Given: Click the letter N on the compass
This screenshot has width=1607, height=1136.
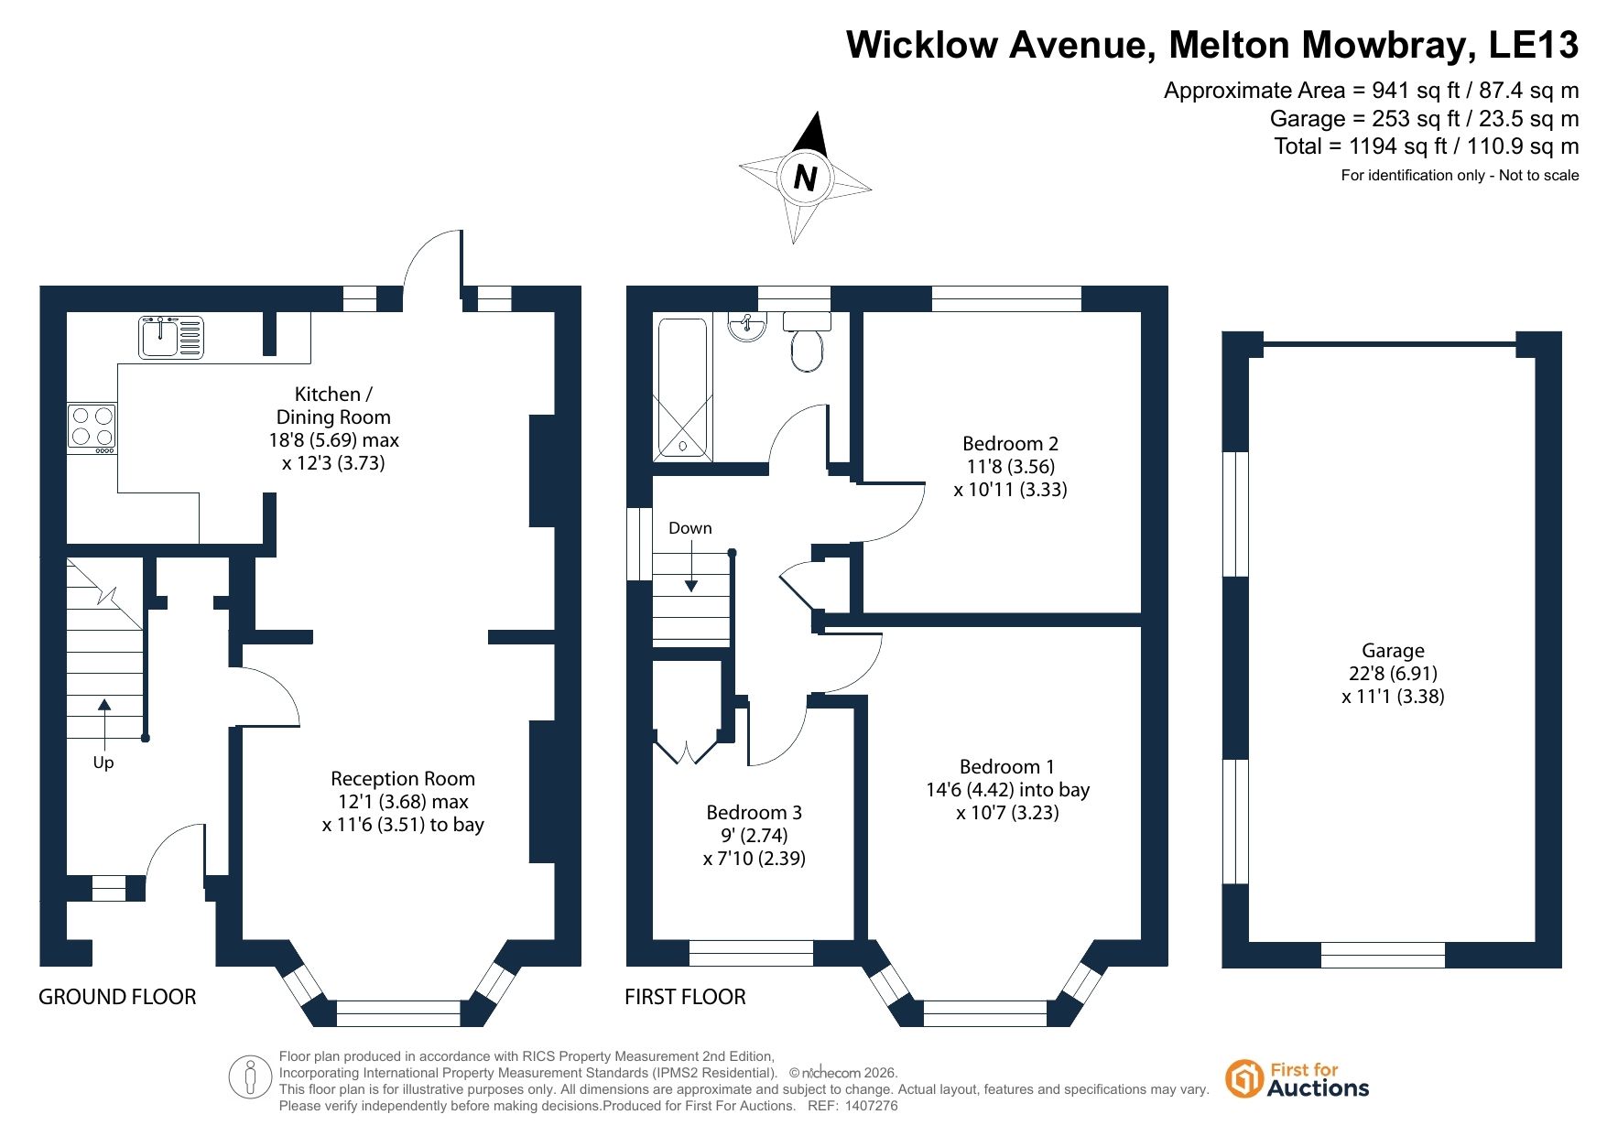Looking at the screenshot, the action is pyautogui.click(x=805, y=177).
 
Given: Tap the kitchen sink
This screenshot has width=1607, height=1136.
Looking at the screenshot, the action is pyautogui.click(x=171, y=337).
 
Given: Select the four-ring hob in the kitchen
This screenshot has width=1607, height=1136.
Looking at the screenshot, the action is pyautogui.click(x=92, y=428).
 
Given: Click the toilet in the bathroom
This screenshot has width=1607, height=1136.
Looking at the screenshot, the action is pyautogui.click(x=807, y=341).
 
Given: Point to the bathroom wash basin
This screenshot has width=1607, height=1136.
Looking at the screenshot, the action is pyautogui.click(x=748, y=326).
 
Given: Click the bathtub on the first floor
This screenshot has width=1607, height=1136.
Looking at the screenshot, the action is pyautogui.click(x=682, y=388).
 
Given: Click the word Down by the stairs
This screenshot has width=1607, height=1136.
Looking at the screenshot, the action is pyautogui.click(x=689, y=528).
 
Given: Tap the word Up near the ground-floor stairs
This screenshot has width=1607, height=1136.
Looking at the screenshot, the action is pyautogui.click(x=103, y=763).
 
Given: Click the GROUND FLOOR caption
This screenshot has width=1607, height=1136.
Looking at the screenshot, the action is pyautogui.click(x=117, y=997).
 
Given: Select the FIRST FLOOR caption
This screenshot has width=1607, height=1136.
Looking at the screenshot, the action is pyautogui.click(x=685, y=997).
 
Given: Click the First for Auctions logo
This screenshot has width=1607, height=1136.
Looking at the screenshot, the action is pyautogui.click(x=1297, y=1079).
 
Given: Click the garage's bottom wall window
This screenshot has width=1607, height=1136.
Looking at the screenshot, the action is pyautogui.click(x=1383, y=955).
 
